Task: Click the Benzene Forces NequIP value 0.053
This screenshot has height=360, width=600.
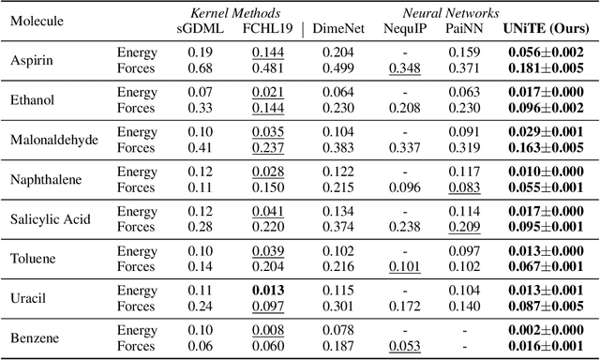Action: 404,346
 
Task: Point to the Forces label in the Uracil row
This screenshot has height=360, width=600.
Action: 136,306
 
